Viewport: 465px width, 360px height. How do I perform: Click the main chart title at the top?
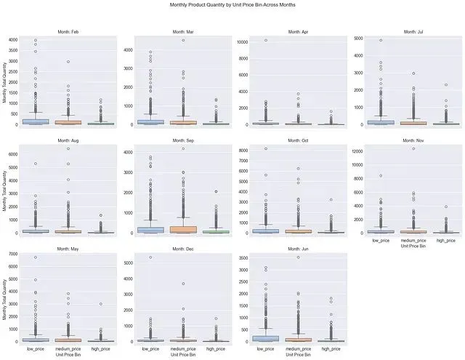(x=232, y=5)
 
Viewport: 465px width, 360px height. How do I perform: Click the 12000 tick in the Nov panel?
(x=358, y=151)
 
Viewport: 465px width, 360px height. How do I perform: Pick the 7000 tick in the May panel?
(x=14, y=255)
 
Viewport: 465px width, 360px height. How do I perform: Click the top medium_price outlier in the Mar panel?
(x=182, y=40)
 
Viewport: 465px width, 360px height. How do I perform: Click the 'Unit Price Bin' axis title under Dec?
(x=182, y=354)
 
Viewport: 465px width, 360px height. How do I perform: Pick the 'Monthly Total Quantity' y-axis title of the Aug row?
(x=5, y=190)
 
